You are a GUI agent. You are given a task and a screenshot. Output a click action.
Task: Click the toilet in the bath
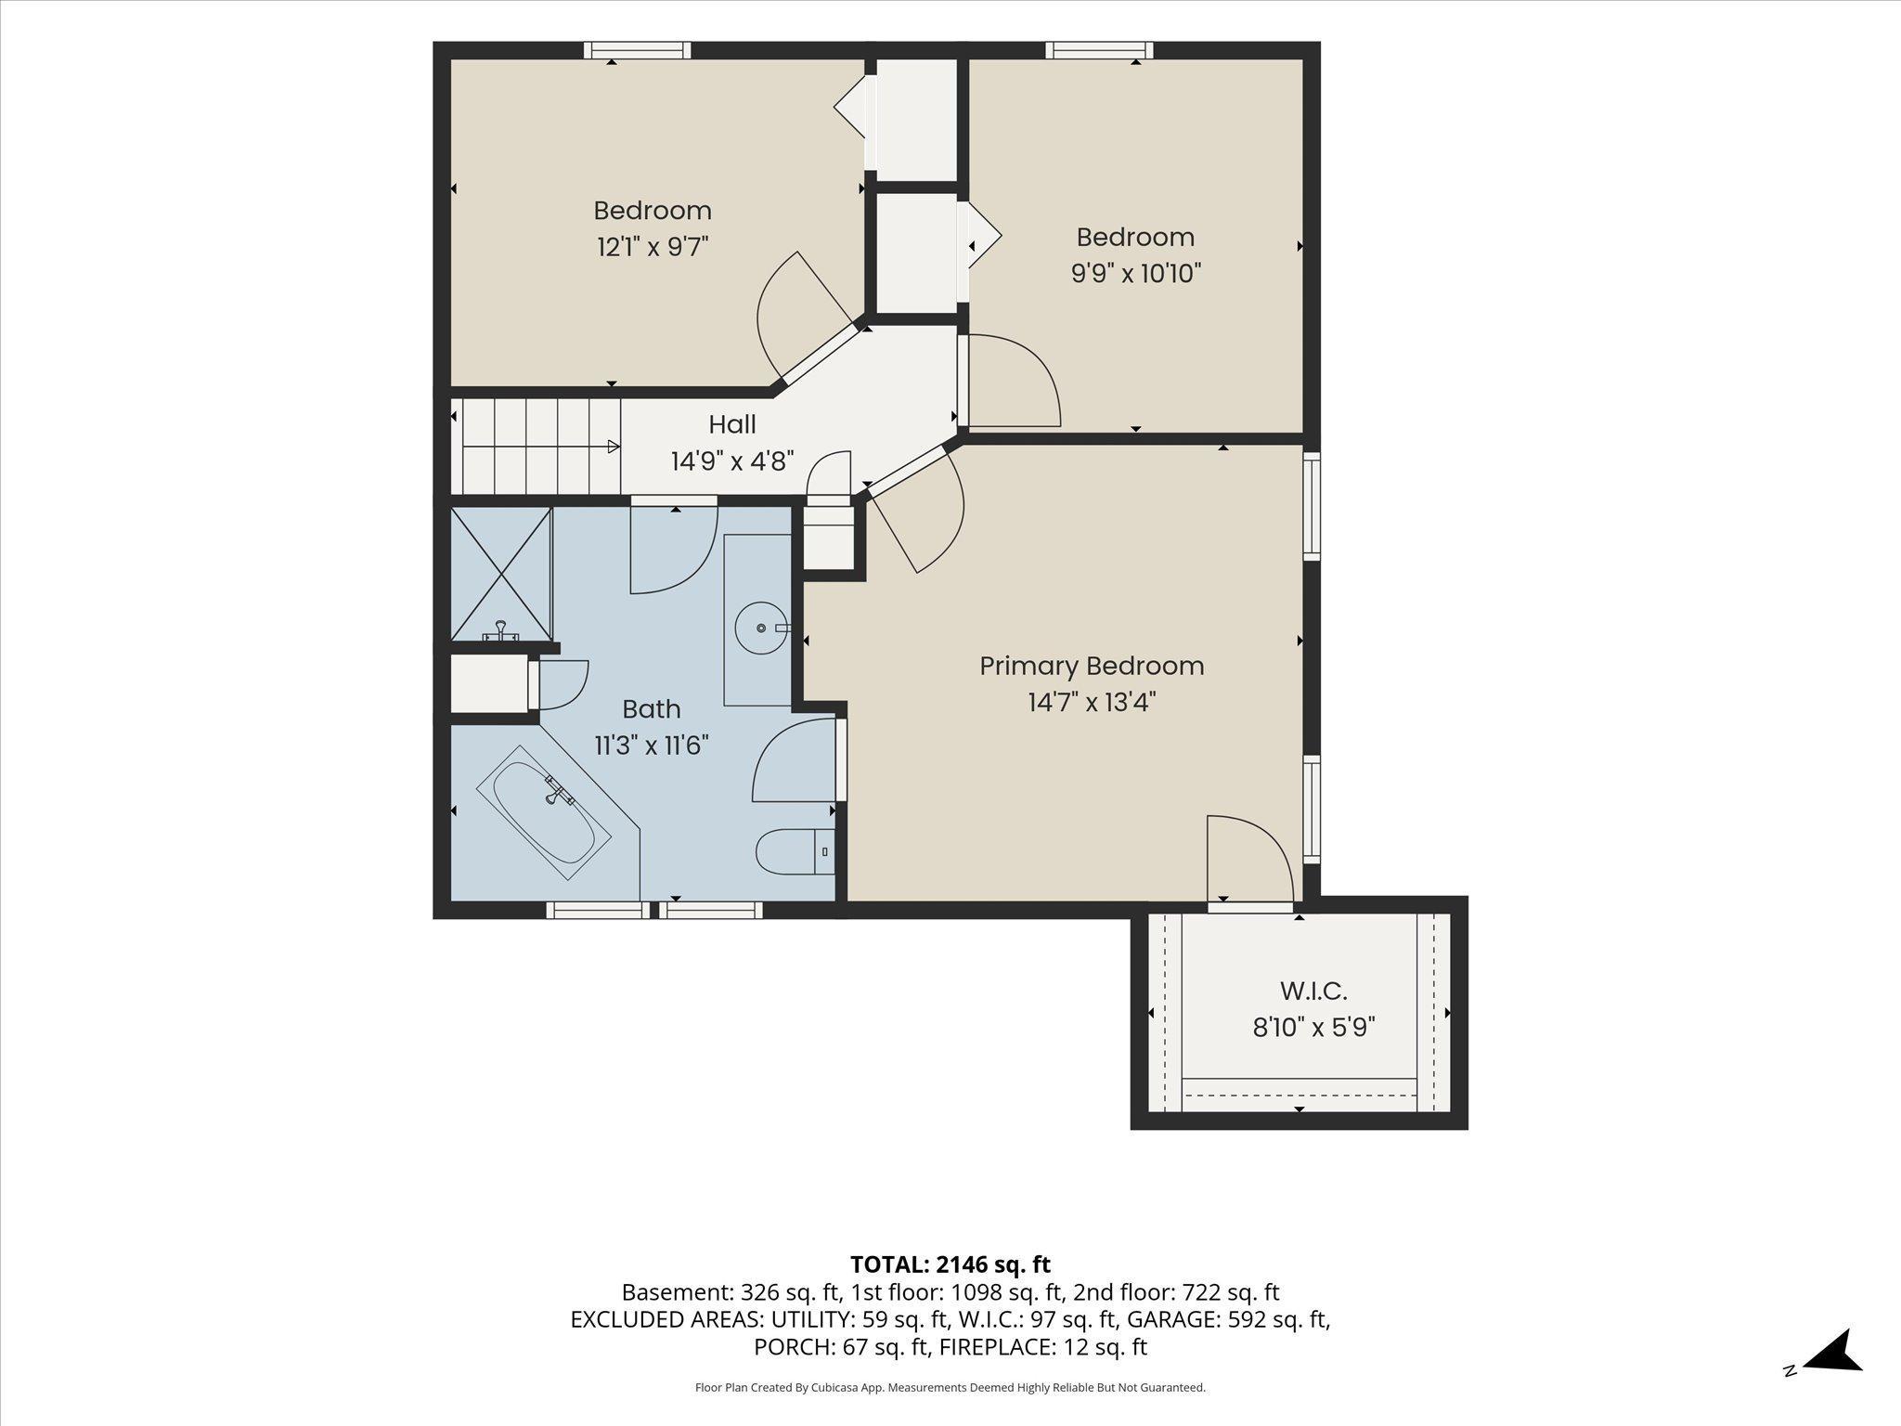[795, 851]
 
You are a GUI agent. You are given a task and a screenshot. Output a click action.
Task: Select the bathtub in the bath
[544, 812]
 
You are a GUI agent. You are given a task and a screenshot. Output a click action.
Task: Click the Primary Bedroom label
[1092, 666]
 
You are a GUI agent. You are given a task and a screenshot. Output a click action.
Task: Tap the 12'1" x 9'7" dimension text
[653, 247]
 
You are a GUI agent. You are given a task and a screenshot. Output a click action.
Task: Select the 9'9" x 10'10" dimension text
[1135, 274]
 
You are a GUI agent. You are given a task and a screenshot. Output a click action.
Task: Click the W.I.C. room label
[1313, 991]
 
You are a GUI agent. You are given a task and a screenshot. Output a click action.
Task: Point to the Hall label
[732, 424]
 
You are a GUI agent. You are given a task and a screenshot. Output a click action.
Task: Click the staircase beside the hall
[536, 447]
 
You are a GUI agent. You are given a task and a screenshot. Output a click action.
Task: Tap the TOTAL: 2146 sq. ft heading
[950, 1264]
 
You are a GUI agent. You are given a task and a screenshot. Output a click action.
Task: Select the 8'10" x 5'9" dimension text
[1313, 1028]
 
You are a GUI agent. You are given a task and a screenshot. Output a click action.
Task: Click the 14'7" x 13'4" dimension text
[1092, 702]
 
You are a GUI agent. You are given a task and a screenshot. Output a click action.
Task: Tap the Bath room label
[652, 709]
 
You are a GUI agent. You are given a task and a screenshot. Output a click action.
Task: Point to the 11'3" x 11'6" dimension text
[652, 745]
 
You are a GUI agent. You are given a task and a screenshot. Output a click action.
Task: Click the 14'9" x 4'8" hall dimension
[732, 461]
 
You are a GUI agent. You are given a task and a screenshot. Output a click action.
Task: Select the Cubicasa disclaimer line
[950, 1388]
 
